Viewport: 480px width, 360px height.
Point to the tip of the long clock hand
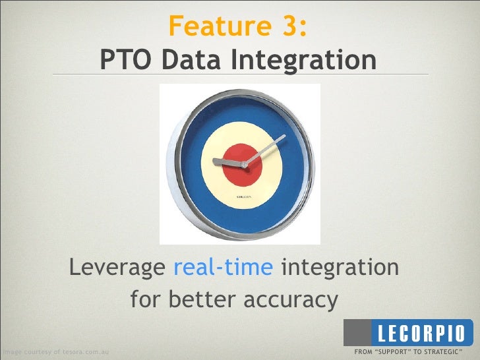pyautogui.click(x=284, y=137)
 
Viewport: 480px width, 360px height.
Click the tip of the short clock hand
pyautogui.click(x=214, y=160)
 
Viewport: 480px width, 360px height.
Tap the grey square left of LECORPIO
pyautogui.click(x=359, y=332)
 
